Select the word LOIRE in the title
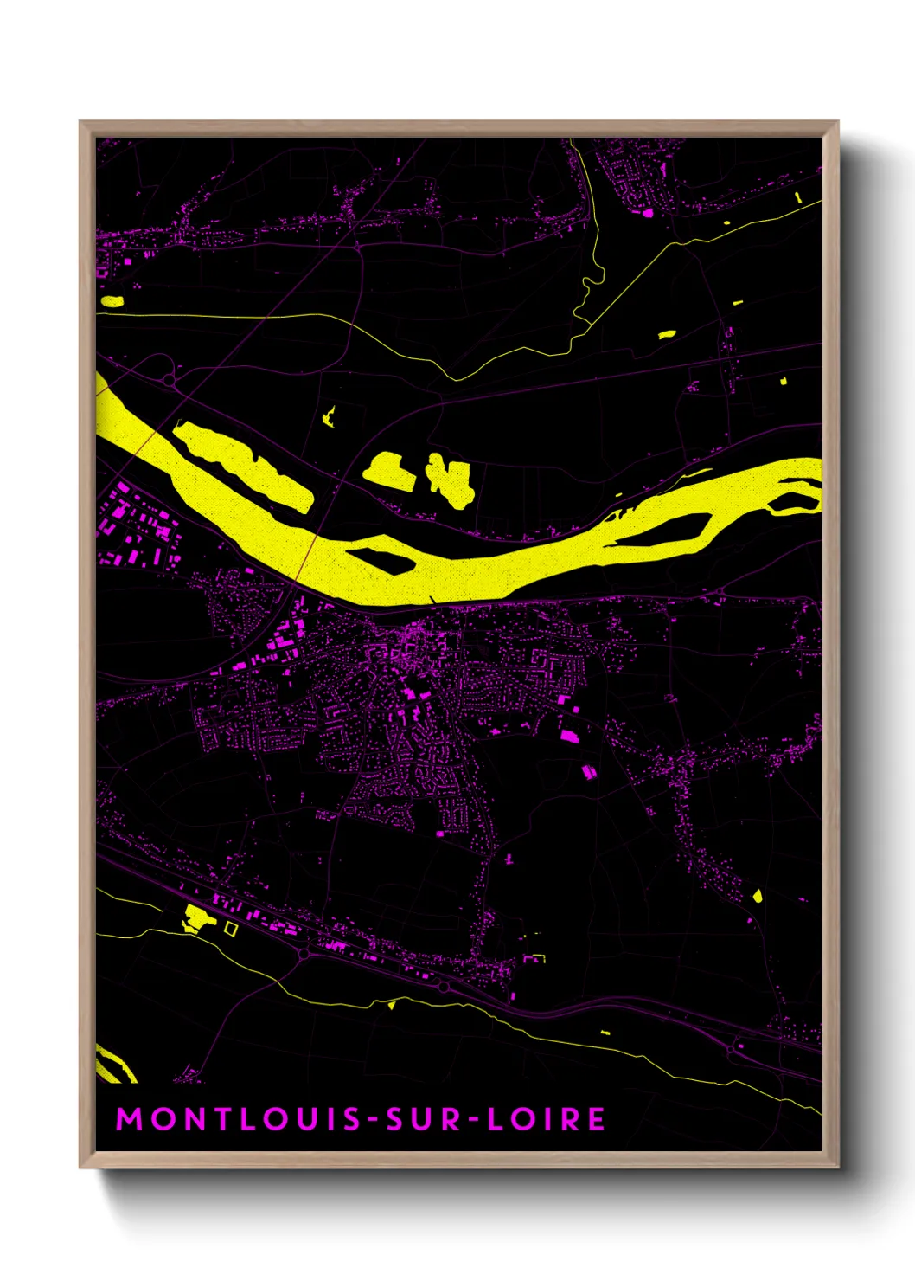pos(547,1118)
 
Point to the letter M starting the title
pos(129,1118)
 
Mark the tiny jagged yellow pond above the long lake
pos(329,416)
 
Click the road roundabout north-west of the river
pos(168,381)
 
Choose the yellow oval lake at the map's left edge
pos(112,301)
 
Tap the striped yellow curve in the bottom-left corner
pos(112,1065)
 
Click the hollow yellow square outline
pos(230,928)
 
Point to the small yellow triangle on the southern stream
pos(392,1005)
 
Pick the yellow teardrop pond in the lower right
pos(758,895)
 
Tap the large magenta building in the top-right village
pos(647,211)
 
